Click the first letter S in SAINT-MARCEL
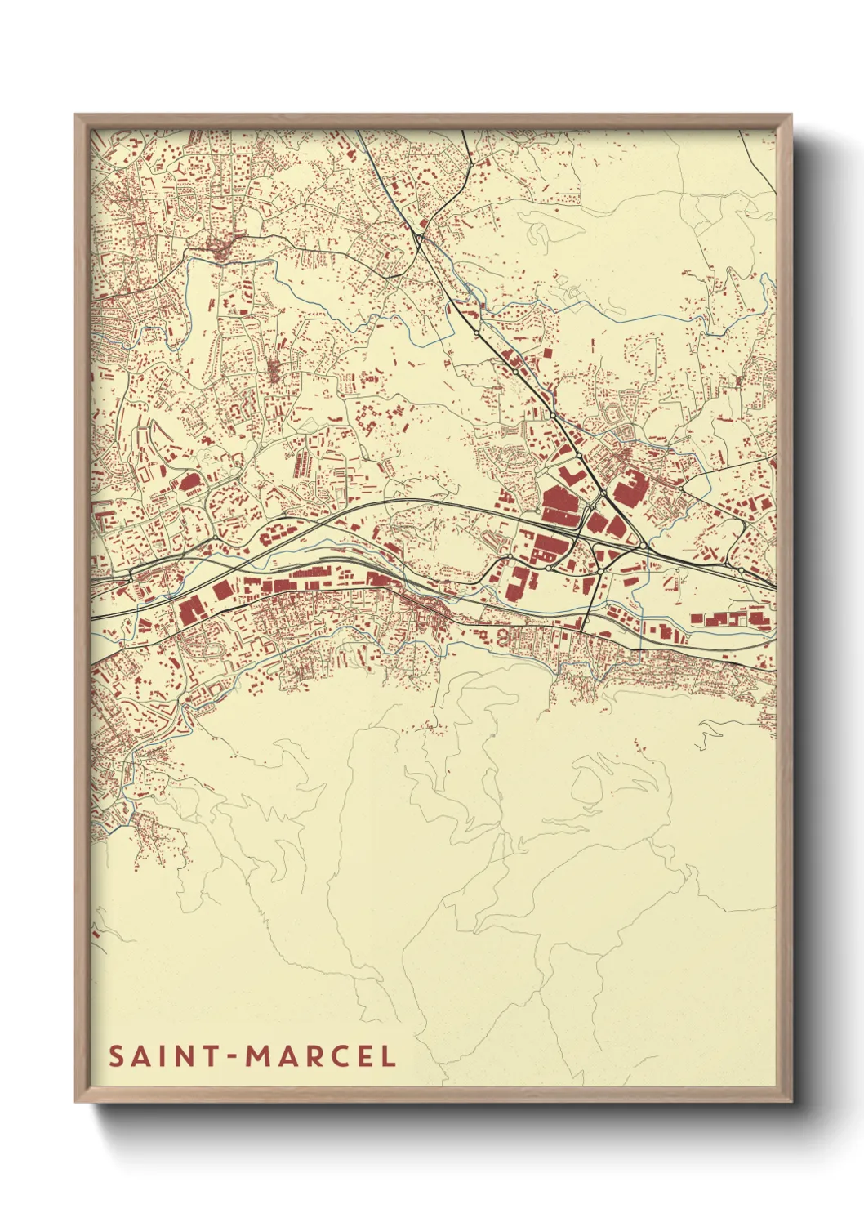click(x=116, y=1056)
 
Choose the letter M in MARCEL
click(x=259, y=1056)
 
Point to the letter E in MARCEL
click(x=367, y=1056)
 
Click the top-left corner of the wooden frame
click(x=76, y=115)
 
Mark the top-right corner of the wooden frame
click(x=791, y=115)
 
